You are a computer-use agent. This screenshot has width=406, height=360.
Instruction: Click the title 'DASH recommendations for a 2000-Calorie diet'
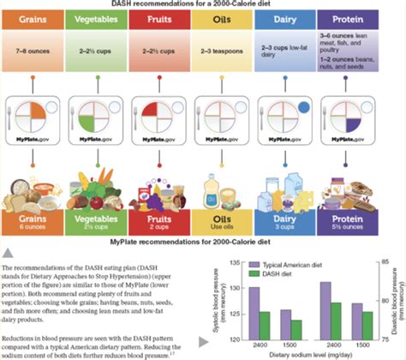click(202, 5)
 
